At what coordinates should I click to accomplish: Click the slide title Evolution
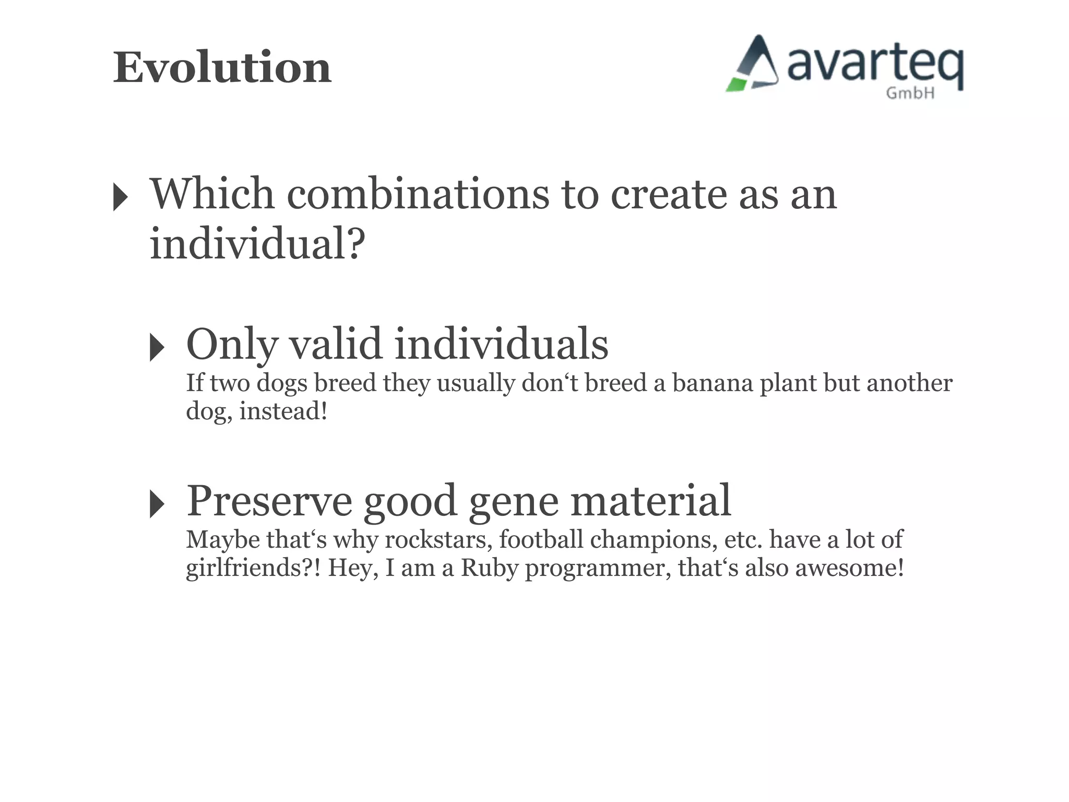pos(222,68)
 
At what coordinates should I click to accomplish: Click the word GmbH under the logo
pos(910,93)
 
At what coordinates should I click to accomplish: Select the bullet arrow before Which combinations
pos(121,197)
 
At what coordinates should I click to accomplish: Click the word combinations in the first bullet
pos(418,194)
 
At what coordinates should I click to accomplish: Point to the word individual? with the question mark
pos(257,244)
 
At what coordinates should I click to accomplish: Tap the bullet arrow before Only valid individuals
pos(157,347)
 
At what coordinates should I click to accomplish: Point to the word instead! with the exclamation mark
pos(283,411)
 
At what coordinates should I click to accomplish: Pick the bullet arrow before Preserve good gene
pos(157,504)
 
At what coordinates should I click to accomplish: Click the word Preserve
pos(269,501)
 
